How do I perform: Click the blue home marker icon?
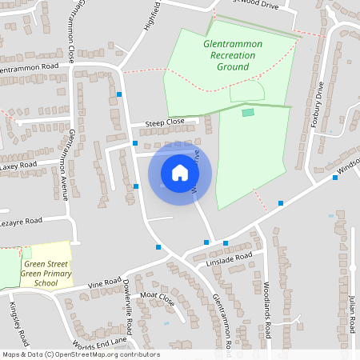point(180,172)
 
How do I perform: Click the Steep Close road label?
point(164,122)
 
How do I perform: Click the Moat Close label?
point(157,299)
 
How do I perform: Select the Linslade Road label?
point(229,259)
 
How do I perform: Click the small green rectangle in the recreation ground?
point(248,112)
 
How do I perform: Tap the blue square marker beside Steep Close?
point(135,143)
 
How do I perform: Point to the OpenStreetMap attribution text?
point(80,354)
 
